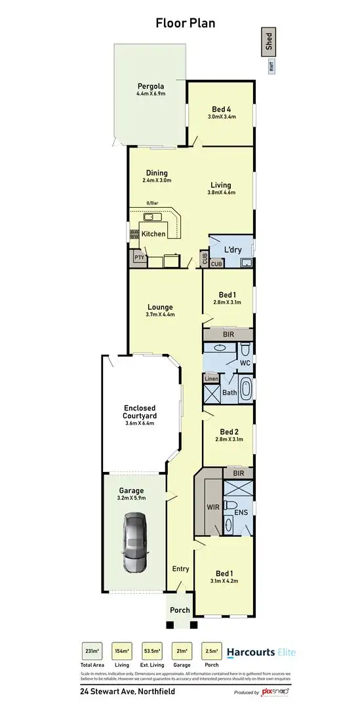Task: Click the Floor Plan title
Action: [x=185, y=24]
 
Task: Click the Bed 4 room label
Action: [x=221, y=109]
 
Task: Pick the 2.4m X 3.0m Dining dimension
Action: [x=157, y=180]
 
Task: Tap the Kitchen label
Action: [x=153, y=233]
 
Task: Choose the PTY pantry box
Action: [x=138, y=258]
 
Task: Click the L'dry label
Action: [x=233, y=250]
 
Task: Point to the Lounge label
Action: [x=160, y=307]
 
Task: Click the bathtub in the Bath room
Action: [x=247, y=389]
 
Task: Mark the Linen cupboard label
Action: [x=211, y=378]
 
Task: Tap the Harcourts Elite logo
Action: [x=261, y=652]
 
